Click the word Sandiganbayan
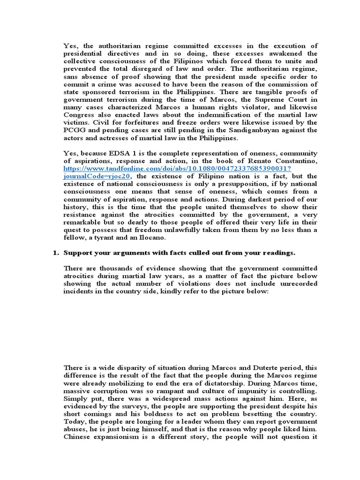(x=250, y=129)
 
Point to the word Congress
(x=79, y=114)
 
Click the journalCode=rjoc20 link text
(x=97, y=176)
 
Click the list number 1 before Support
(x=54, y=253)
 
